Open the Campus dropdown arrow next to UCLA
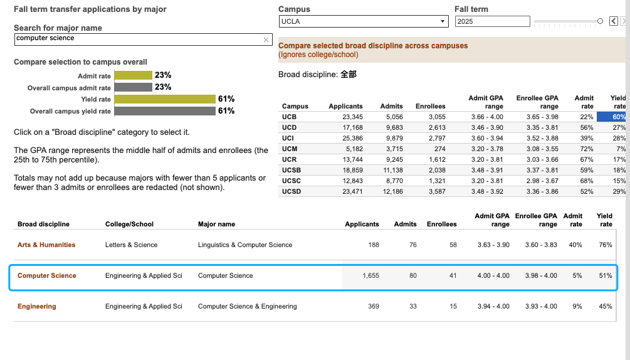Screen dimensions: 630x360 coord(443,21)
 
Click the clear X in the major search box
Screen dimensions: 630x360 coord(266,40)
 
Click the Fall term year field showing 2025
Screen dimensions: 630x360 coord(492,21)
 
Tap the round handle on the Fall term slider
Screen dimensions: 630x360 coord(600,21)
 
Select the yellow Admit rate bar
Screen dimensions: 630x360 coord(133,75)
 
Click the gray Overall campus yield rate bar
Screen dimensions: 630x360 coord(165,111)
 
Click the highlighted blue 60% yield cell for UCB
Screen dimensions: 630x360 coord(611,117)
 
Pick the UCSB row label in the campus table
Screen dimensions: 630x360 coord(291,171)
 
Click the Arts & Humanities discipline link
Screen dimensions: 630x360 coord(46,245)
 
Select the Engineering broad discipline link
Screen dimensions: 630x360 coord(36,306)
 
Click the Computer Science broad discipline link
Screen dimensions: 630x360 coord(46,275)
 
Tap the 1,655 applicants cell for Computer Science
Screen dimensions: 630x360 coord(370,275)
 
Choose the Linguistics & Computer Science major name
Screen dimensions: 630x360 coord(245,245)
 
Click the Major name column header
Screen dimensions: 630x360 coord(216,224)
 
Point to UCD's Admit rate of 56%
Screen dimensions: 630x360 coord(587,127)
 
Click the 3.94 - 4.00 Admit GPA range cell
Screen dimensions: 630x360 coord(493,306)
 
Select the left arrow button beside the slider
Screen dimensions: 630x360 coord(614,21)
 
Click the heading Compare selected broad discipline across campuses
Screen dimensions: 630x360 coord(373,46)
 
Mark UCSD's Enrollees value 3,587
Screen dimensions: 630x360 coord(437,192)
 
